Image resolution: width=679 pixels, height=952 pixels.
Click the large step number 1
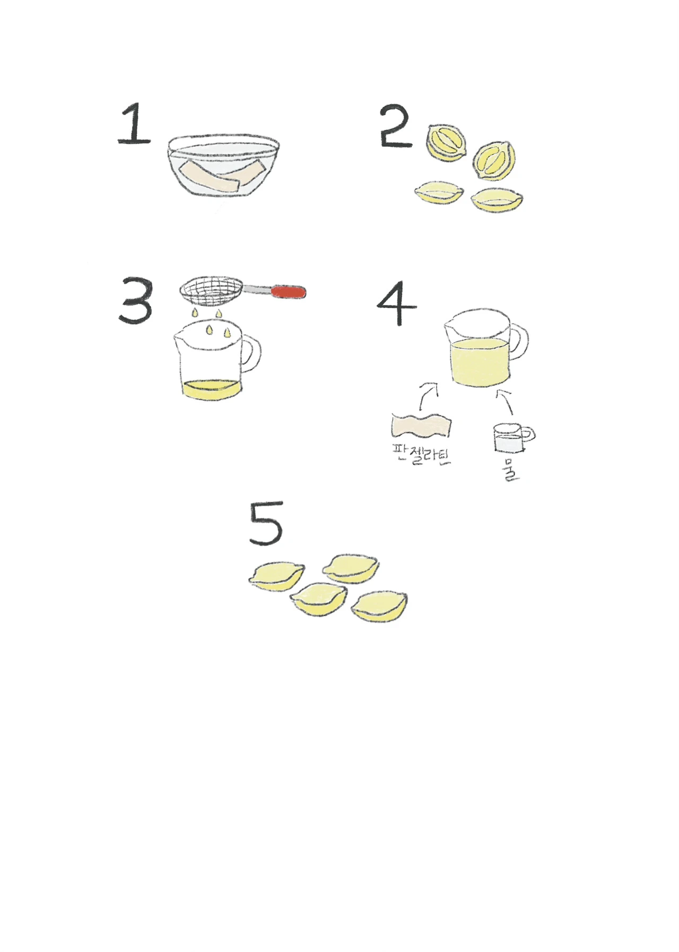tap(135, 125)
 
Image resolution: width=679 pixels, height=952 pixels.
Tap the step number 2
tap(396, 127)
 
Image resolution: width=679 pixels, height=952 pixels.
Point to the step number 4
tap(396, 304)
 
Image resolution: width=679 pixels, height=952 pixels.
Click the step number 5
tap(266, 523)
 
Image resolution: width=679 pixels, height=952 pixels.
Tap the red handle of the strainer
tap(289, 291)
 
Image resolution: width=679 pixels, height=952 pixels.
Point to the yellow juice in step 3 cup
tap(211, 390)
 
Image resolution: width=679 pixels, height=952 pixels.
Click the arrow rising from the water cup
tap(506, 401)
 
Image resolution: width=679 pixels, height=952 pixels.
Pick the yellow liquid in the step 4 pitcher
tap(480, 362)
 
